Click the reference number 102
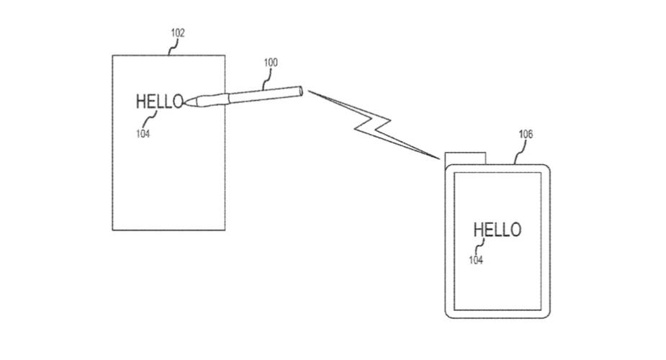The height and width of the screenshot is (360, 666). [x=178, y=33]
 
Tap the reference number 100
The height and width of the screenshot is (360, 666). [x=271, y=63]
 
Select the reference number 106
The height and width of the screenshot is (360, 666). [x=526, y=134]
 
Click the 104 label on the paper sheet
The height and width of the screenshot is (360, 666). [x=143, y=133]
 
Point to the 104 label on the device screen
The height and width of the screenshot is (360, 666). [x=476, y=260]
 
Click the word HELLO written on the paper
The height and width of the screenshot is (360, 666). [x=159, y=102]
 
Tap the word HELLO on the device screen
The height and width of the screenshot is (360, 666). [x=497, y=230]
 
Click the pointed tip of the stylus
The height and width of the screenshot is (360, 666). [x=185, y=102]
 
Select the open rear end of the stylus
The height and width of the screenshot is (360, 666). [x=300, y=91]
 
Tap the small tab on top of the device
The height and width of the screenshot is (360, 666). [x=465, y=158]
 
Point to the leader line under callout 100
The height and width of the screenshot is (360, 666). [x=266, y=79]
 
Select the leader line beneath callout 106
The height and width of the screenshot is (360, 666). [x=518, y=153]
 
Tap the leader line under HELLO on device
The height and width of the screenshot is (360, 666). [x=480, y=246]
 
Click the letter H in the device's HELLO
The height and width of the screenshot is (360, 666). [x=478, y=230]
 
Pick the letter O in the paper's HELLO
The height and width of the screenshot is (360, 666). [x=178, y=102]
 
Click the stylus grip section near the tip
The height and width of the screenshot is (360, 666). [x=207, y=100]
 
